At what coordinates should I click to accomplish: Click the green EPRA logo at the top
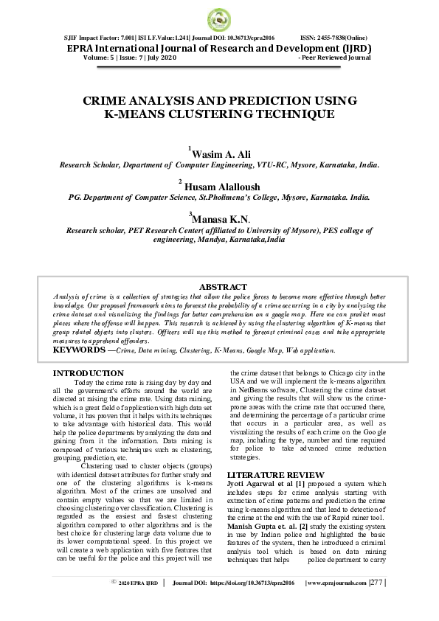coord(219,18)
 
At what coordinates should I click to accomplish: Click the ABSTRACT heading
coord(223,287)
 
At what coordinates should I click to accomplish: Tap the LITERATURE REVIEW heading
coord(275,474)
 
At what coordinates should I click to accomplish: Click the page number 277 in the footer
coord(376,603)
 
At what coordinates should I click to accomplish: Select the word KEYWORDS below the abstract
coord(78,349)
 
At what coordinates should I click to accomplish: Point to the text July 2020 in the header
coord(160,57)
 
